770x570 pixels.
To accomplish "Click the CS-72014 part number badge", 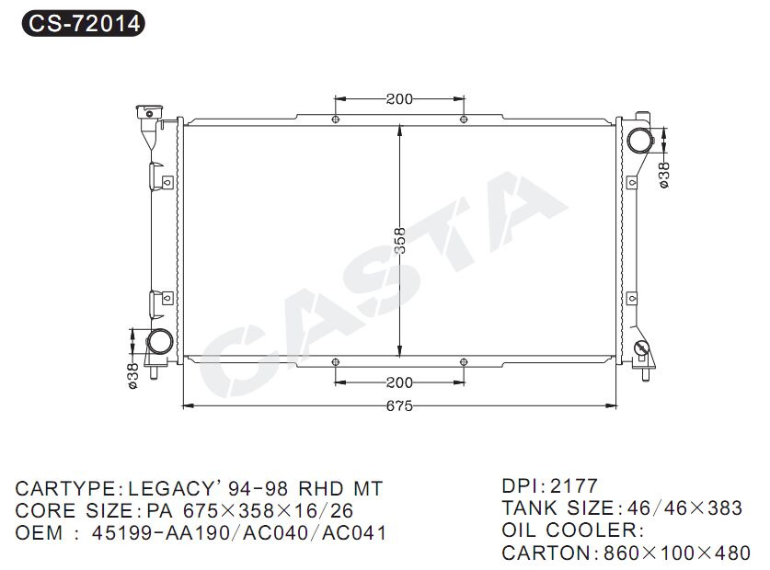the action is [x=83, y=23].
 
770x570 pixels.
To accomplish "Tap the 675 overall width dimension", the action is [x=399, y=406].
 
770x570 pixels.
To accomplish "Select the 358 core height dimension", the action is [x=400, y=241].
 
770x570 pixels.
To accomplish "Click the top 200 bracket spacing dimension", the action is [x=399, y=98].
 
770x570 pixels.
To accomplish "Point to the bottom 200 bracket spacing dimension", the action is [x=399, y=382].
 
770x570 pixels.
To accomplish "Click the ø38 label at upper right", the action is [x=664, y=175].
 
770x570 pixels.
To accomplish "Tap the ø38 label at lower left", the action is [x=133, y=376].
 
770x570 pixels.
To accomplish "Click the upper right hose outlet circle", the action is [x=639, y=141].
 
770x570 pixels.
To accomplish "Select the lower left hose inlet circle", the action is [x=159, y=341].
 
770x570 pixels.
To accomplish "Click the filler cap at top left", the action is [x=149, y=112].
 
